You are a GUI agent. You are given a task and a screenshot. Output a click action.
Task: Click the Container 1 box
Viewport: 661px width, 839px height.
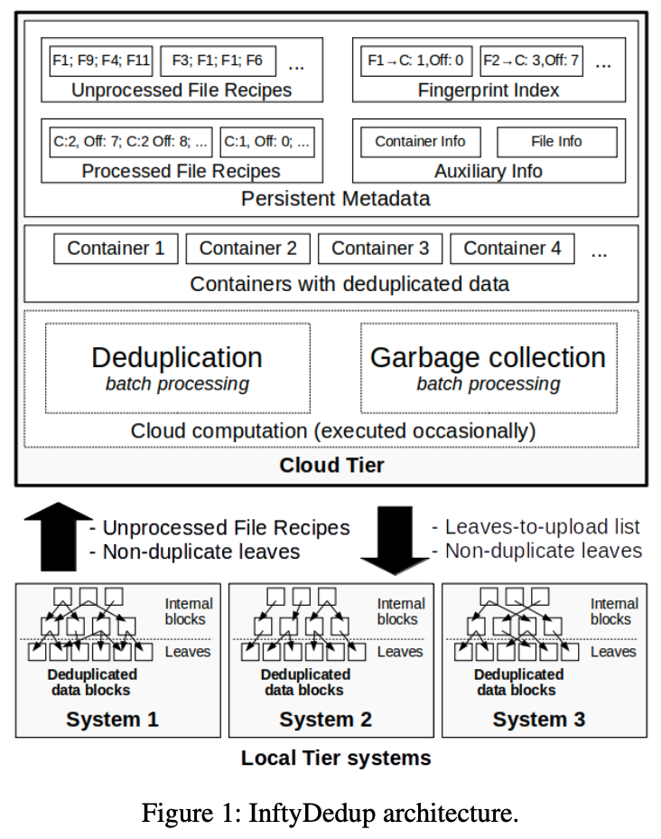pos(116,249)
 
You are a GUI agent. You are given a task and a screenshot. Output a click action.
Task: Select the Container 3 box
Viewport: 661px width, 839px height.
pos(380,249)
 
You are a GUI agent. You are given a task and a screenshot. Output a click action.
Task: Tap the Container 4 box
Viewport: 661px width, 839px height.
pos(512,249)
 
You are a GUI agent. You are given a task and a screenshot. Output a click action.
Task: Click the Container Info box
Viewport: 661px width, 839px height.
pos(420,142)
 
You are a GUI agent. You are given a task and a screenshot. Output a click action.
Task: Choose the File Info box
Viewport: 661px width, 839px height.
pos(556,142)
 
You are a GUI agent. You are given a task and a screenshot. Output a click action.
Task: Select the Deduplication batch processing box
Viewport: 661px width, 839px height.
pos(177,368)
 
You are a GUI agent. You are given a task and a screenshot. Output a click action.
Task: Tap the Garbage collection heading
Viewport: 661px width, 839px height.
pos(488,357)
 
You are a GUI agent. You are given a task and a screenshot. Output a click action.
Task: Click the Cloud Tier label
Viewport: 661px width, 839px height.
pos(331,466)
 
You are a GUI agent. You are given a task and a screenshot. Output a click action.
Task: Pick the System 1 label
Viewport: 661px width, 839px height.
pos(112,720)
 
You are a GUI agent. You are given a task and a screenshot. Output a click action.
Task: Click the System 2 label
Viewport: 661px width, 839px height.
pos(325,720)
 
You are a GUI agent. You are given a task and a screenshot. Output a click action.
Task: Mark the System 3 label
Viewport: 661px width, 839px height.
pos(538,720)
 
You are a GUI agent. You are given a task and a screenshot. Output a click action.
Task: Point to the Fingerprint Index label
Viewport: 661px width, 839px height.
pos(489,90)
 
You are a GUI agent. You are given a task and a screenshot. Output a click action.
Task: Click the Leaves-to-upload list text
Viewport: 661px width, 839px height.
pos(537,526)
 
